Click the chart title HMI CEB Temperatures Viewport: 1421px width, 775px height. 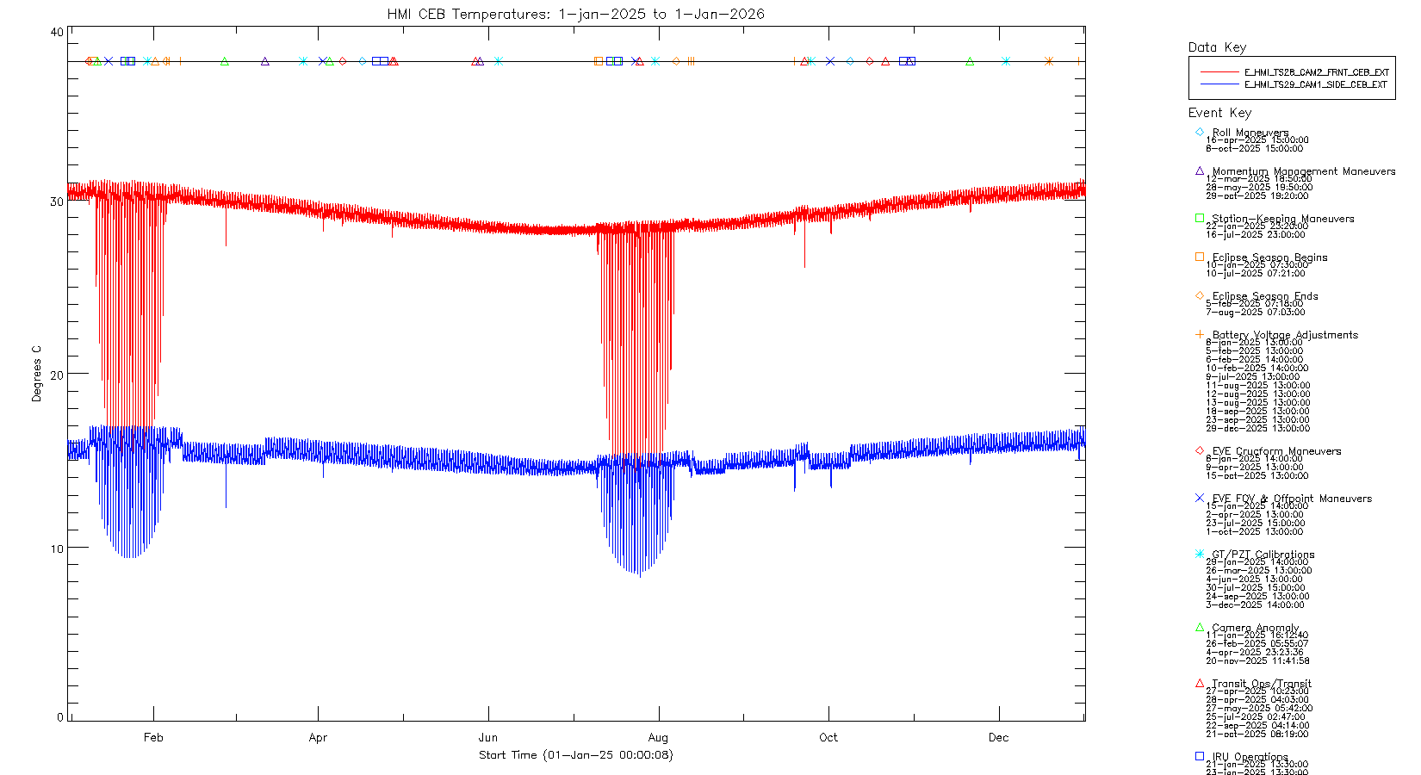click(575, 14)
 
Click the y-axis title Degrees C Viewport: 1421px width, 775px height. click(36, 374)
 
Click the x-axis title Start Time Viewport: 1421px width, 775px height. click(575, 755)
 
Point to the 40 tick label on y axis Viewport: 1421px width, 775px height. click(57, 33)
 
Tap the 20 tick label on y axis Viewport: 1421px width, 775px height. click(57, 375)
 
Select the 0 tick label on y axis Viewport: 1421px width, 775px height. click(60, 717)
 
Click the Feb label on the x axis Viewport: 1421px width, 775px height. click(153, 737)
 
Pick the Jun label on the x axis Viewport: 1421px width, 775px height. click(487, 737)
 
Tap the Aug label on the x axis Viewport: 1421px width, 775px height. click(658, 737)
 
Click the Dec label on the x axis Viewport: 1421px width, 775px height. click(998, 737)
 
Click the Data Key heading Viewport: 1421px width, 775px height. click(1217, 47)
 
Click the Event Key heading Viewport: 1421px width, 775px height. click(1219, 113)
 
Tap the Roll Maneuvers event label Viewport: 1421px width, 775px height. click(1250, 133)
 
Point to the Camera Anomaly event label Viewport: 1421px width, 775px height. click(1255, 628)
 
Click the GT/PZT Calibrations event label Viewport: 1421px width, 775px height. click(1263, 555)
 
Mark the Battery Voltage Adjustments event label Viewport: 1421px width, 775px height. click(1284, 335)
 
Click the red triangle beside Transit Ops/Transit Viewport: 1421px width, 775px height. click(1200, 684)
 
